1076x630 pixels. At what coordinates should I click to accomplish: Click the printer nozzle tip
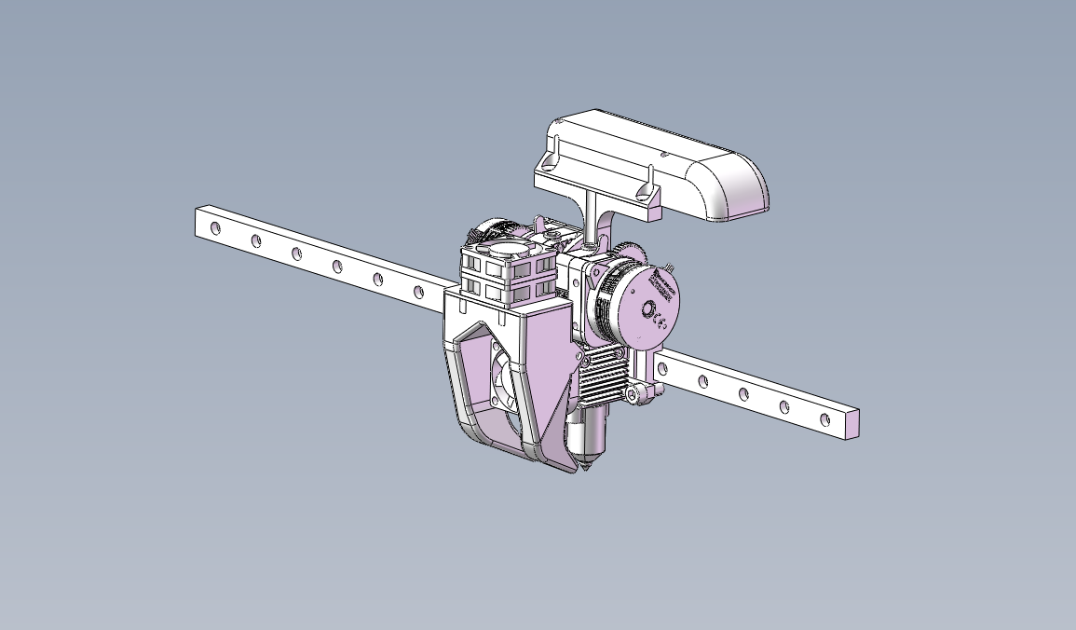point(586,470)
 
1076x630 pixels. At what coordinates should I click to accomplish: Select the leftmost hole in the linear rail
point(215,228)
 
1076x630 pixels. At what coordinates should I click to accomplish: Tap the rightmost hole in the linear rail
point(824,420)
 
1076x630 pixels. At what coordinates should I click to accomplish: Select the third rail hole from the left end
point(296,253)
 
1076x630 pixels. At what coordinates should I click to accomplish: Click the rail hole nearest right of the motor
point(662,369)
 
